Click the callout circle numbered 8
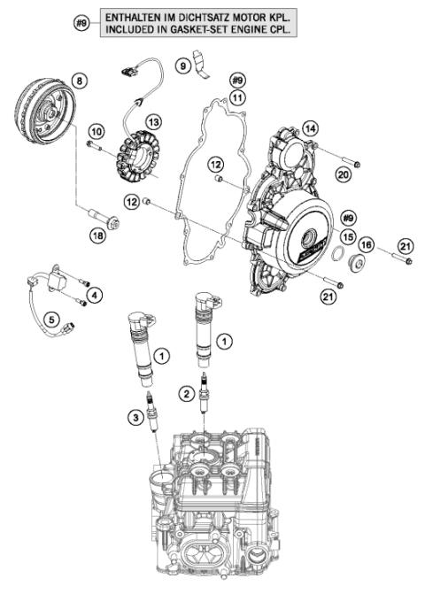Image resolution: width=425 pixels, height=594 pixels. pyautogui.click(x=81, y=81)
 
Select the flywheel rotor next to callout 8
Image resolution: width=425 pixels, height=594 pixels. pyautogui.click(x=46, y=120)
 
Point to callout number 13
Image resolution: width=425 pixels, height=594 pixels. pyautogui.click(x=154, y=121)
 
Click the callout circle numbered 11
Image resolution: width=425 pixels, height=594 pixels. pyautogui.click(x=236, y=96)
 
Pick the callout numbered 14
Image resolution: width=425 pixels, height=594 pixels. pyautogui.click(x=310, y=127)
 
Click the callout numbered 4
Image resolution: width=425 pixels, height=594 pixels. pyautogui.click(x=95, y=294)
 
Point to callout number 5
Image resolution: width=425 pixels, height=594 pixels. pyautogui.click(x=52, y=318)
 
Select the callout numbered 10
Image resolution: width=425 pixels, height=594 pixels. pyautogui.click(x=96, y=131)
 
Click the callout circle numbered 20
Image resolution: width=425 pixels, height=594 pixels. pyautogui.click(x=344, y=176)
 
